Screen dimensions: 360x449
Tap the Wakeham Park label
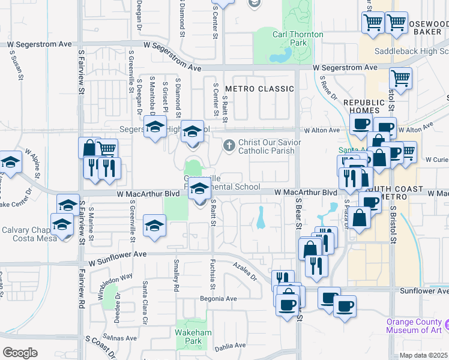187,336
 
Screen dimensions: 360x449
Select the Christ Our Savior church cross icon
229,145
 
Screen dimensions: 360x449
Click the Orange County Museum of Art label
414,325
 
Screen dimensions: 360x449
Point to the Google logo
20,353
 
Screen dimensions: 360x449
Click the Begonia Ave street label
222,298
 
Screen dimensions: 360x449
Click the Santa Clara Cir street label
145,296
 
